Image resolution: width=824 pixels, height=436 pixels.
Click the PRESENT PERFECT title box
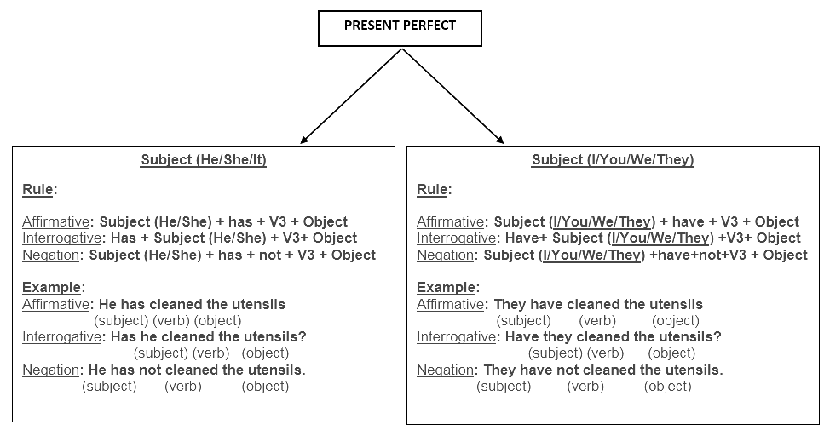pyautogui.click(x=400, y=28)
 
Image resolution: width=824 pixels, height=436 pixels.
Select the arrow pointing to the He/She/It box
pyautogui.click(x=351, y=96)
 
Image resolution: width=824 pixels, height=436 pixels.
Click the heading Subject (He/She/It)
pyautogui.click(x=204, y=160)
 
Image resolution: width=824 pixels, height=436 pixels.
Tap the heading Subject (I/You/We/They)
pyautogui.click(x=613, y=160)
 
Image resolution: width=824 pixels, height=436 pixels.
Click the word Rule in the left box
pyautogui.click(x=37, y=189)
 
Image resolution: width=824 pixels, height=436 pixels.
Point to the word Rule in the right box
pyautogui.click(x=432, y=189)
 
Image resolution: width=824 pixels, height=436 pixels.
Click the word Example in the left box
pyautogui.click(x=51, y=287)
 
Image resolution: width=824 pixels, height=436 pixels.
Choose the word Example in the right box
pyautogui.click(x=447, y=287)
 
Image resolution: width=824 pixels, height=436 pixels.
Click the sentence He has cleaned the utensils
pyautogui.click(x=192, y=304)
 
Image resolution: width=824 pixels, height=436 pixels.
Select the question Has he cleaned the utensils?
pyautogui.click(x=209, y=336)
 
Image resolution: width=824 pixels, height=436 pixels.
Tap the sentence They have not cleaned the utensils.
pyautogui.click(x=603, y=370)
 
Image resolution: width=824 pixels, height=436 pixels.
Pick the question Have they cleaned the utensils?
pyautogui.click(x=614, y=336)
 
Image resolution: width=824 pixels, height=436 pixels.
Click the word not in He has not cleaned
pyautogui.click(x=150, y=370)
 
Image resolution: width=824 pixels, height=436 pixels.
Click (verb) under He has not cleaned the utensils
pyautogui.click(x=183, y=387)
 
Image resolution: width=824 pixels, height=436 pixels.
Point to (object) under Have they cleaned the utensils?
pyautogui.click(x=671, y=353)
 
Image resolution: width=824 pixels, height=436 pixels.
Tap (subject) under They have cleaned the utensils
pyautogui.click(x=523, y=320)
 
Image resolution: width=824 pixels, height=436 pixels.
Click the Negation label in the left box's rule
pyautogui.click(x=50, y=255)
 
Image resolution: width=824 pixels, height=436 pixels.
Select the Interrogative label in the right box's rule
pyautogui.click(x=456, y=238)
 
